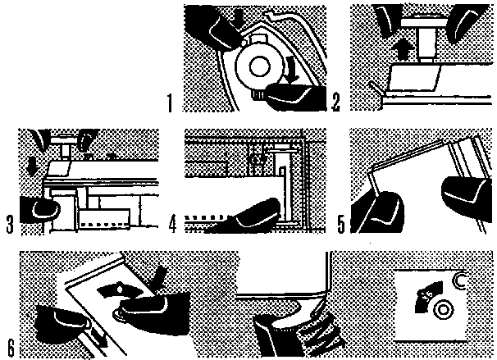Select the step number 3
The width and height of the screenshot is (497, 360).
tap(9, 222)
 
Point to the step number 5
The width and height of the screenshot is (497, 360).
tap(338, 222)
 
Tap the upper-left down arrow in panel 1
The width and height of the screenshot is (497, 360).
tap(238, 16)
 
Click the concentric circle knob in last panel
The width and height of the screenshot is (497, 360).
tap(444, 310)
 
